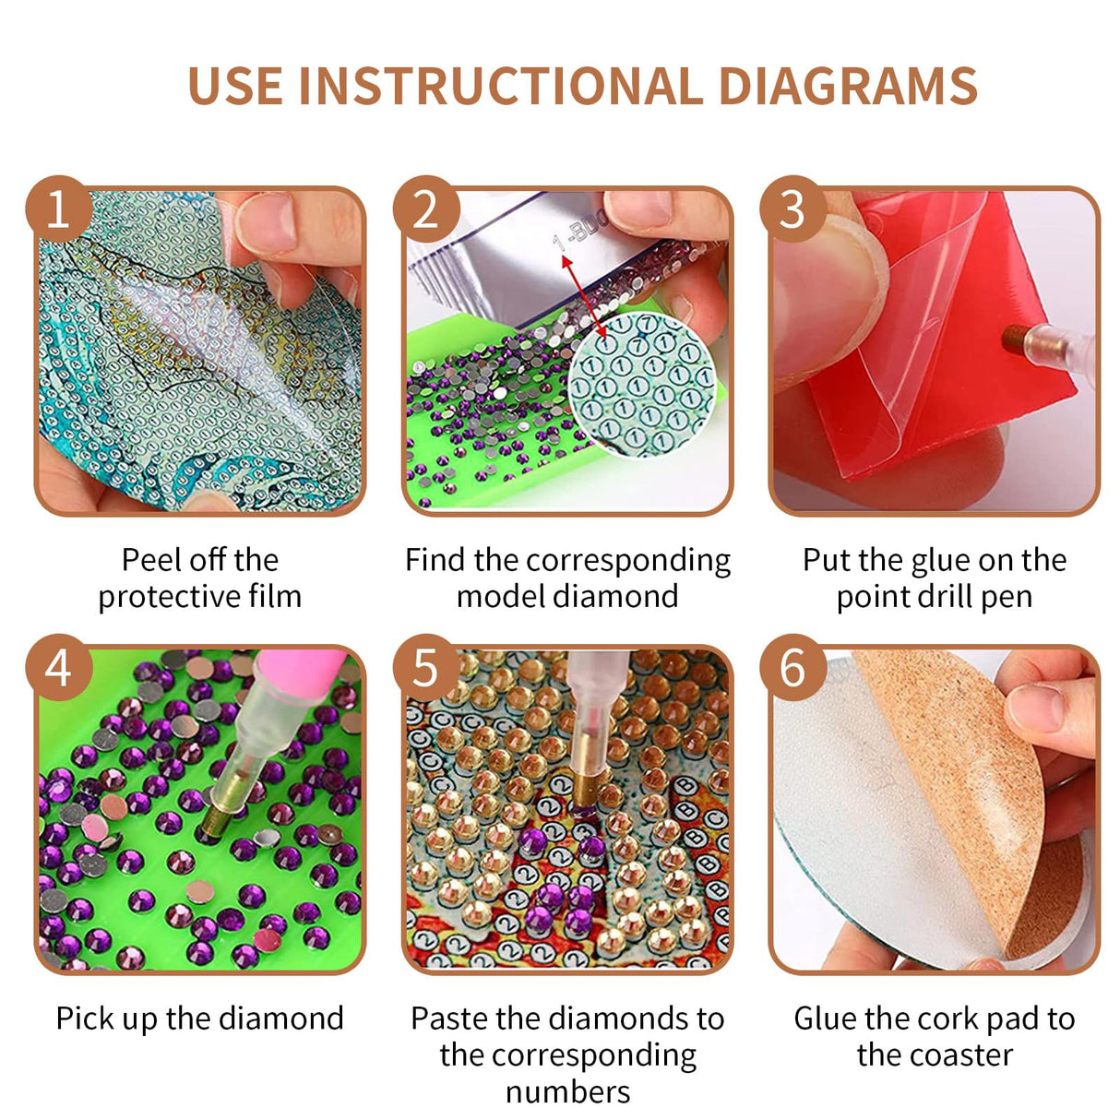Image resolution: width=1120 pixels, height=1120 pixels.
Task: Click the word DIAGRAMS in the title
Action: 847,86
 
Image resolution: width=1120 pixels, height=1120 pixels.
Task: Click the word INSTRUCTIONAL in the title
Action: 500,86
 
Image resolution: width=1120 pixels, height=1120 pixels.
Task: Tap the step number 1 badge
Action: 58,209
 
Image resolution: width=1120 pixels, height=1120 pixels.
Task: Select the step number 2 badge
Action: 425,209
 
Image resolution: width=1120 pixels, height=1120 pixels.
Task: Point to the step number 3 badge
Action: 792,209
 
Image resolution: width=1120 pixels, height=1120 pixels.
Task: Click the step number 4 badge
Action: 58,667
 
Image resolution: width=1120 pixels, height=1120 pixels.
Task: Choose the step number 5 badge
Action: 425,667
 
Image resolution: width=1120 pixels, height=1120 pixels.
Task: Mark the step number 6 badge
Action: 792,667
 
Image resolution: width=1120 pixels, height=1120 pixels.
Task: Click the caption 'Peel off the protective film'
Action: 199,578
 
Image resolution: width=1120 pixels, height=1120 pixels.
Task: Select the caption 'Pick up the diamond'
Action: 199,1019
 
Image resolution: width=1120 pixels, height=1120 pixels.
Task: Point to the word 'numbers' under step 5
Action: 567,1091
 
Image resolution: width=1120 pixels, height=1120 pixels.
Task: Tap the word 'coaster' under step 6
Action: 935,1054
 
